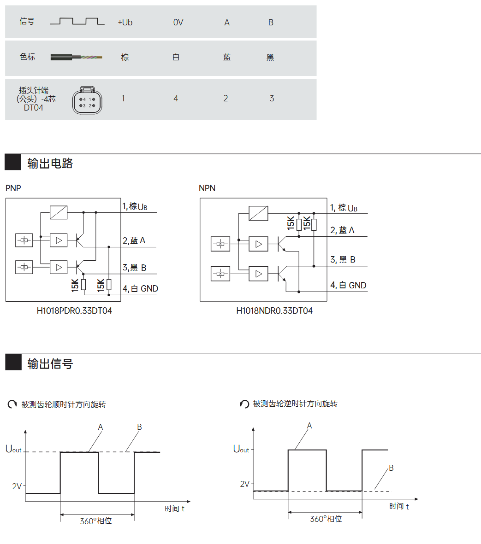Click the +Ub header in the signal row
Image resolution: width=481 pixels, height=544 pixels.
pyautogui.click(x=125, y=23)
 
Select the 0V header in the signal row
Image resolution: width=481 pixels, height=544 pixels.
pyautogui.click(x=178, y=23)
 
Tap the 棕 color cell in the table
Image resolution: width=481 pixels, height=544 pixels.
pyautogui.click(x=125, y=58)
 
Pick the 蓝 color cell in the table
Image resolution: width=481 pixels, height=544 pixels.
pyautogui.click(x=227, y=58)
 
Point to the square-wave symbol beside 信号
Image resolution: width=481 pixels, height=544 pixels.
pyautogui.click(x=77, y=21)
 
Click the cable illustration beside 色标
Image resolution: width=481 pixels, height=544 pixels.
pyautogui.click(x=76, y=58)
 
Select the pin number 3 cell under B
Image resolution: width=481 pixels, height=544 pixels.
pyautogui.click(x=272, y=99)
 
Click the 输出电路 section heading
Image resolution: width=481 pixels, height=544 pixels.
pyautogui.click(x=50, y=164)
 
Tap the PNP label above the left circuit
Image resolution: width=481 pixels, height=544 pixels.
pyautogui.click(x=13, y=188)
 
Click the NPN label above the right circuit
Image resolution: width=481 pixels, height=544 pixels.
pyautogui.click(x=207, y=188)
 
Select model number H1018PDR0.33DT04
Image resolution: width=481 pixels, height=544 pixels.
pyautogui.click(x=74, y=311)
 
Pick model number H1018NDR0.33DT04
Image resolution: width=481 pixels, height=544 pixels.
pyautogui.click(x=274, y=311)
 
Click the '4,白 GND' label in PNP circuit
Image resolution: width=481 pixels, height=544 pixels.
pyautogui.click(x=140, y=289)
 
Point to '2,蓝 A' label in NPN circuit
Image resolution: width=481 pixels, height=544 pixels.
pyautogui.click(x=342, y=230)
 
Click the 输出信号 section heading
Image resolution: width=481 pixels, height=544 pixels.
pyautogui.click(x=50, y=364)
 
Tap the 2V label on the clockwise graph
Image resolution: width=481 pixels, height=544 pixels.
pyautogui.click(x=17, y=486)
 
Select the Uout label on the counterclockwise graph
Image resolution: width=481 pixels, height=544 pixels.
pyautogui.click(x=241, y=449)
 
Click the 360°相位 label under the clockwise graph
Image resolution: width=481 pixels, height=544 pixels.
pyautogui.click(x=96, y=521)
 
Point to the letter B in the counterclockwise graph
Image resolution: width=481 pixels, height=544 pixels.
pyautogui.click(x=391, y=468)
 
